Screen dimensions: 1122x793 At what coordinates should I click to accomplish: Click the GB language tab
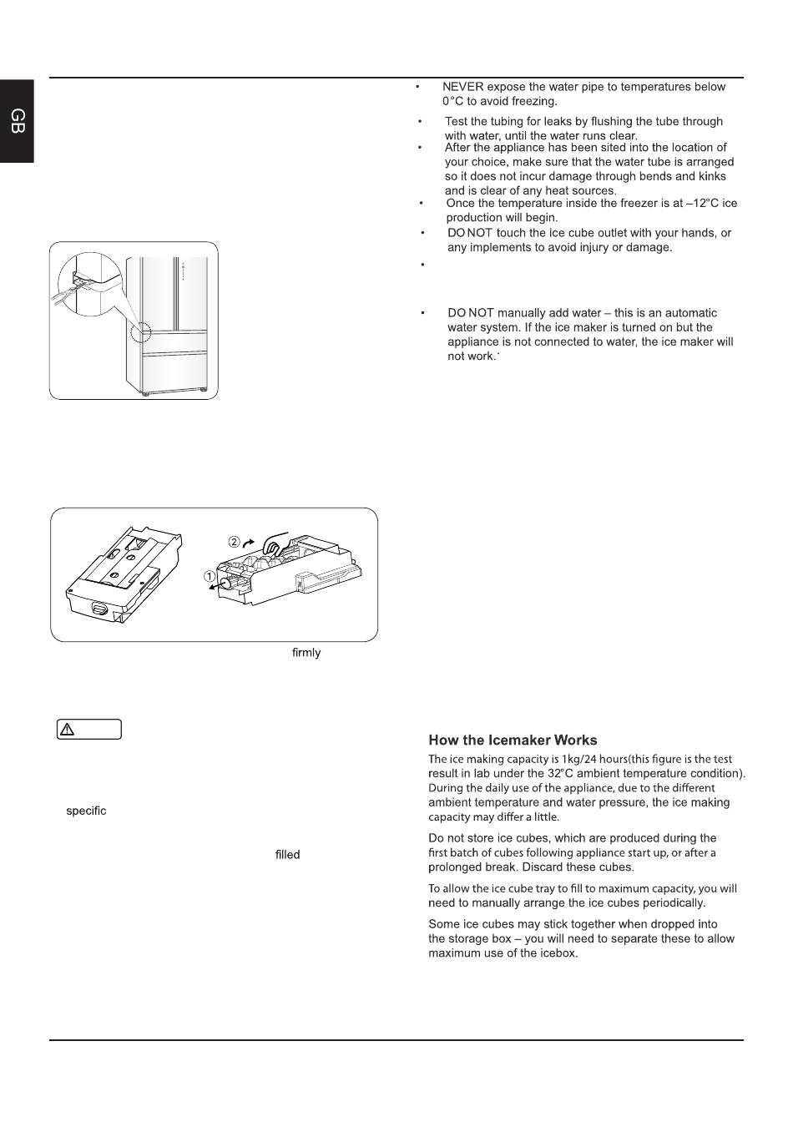[18, 122]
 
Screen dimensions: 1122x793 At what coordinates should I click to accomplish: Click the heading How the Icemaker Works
[513, 740]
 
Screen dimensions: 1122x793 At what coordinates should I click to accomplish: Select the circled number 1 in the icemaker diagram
[210, 576]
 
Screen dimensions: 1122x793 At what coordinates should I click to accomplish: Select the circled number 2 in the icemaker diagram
[235, 541]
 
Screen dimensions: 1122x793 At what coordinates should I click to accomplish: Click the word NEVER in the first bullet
[462, 87]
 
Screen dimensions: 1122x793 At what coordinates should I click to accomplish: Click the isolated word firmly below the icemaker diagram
[306, 653]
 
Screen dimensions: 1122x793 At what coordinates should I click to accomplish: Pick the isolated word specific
[86, 811]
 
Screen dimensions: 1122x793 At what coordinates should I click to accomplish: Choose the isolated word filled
[287, 855]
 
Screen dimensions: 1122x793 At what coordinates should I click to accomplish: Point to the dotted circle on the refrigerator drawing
[140, 333]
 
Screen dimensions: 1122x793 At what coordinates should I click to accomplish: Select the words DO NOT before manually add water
[471, 313]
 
